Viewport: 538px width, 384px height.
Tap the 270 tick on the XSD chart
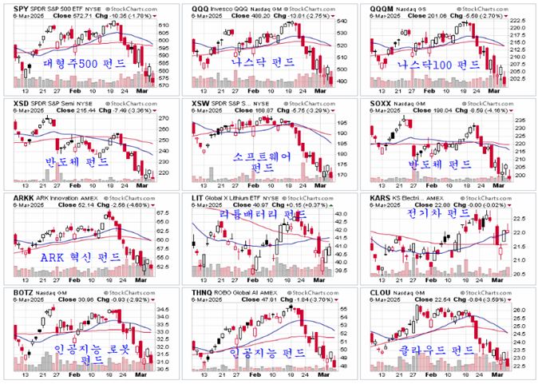164,118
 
